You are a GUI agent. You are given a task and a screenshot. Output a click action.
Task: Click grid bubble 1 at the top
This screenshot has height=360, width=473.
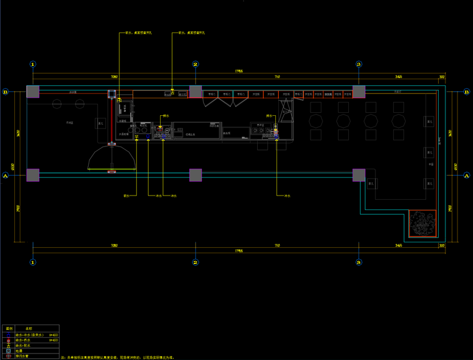pos(33,64)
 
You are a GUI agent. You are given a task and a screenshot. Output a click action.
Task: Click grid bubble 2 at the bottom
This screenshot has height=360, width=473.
pos(195,262)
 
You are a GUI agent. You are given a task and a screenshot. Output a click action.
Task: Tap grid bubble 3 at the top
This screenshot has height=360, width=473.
pos(358,64)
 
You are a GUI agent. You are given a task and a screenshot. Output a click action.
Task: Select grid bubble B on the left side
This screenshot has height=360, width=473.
pos(5,92)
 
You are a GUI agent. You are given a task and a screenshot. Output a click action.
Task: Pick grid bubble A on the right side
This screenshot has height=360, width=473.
pos(466,176)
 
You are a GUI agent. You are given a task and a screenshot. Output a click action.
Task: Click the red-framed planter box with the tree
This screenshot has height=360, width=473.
pos(424,223)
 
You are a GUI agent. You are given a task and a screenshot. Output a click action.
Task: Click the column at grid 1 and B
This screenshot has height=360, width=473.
pos(33,92)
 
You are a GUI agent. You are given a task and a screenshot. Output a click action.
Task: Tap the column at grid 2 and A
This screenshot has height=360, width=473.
pos(195,175)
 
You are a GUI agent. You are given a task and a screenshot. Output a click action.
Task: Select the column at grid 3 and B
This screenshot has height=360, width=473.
pos(358,92)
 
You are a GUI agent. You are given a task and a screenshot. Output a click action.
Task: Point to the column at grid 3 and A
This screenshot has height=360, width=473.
pos(358,175)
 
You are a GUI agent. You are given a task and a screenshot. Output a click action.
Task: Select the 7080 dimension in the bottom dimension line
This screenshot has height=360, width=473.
pos(114,246)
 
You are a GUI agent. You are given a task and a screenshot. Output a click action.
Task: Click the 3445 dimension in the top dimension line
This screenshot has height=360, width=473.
pos(399,77)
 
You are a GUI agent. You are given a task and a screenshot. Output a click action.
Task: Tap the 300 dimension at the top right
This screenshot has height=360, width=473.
pos(442,77)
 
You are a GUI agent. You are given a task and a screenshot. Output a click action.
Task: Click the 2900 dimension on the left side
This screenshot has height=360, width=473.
pos(19,208)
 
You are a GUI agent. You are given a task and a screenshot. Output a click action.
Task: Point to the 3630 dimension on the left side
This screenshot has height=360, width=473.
pos(19,133)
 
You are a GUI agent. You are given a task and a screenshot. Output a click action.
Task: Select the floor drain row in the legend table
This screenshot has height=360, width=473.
pos(30,350)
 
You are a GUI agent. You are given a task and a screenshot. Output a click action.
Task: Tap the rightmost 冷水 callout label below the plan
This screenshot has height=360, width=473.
pos(287,196)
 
